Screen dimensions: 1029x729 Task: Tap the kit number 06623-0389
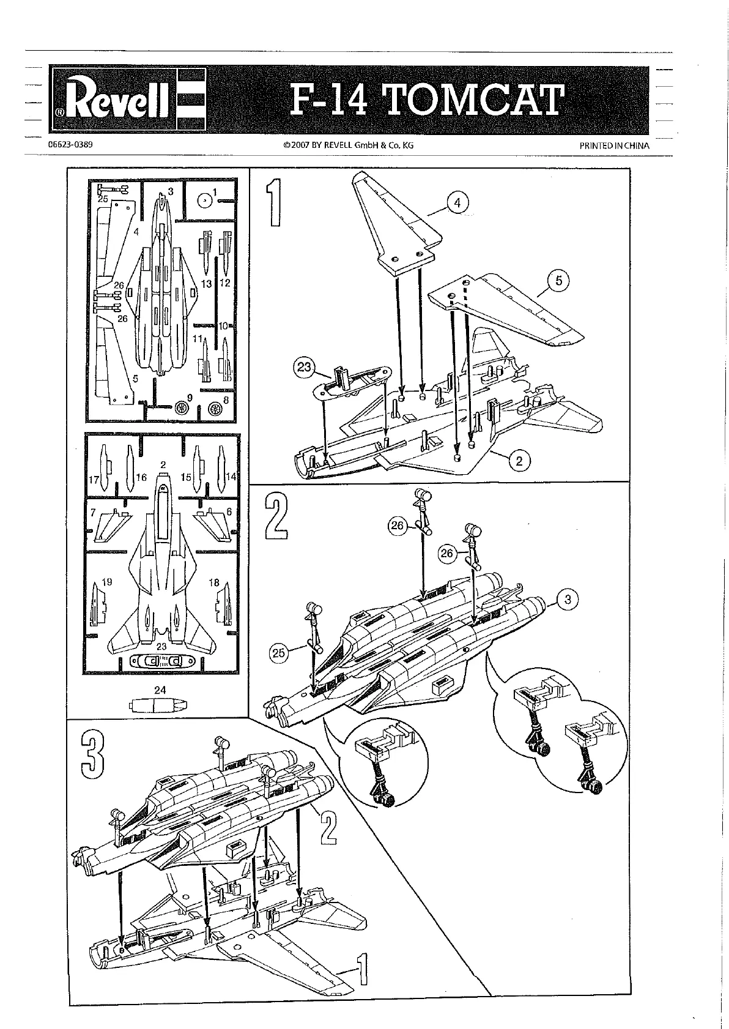tap(70, 145)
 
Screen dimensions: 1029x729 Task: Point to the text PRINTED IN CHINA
tap(614, 146)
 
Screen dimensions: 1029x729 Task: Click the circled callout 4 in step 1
tap(457, 203)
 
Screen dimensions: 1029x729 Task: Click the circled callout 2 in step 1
tap(519, 460)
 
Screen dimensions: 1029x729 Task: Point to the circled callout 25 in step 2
tap(278, 653)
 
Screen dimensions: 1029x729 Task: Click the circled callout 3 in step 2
tap(568, 599)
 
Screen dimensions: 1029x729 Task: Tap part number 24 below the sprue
tap(160, 690)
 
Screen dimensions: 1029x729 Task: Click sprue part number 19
tap(107, 582)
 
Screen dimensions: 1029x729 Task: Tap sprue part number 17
tap(94, 480)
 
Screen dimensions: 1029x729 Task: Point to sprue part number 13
tap(206, 284)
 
